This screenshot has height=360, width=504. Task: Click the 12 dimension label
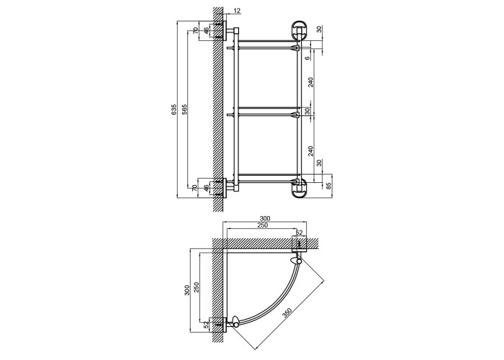coord(237,11)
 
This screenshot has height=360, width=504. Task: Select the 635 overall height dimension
coord(174,109)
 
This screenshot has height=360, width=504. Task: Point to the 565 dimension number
coord(184,109)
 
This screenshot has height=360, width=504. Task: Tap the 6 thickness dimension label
coord(307,58)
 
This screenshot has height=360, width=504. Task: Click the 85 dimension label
coord(328,186)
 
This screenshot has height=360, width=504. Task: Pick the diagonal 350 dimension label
coord(287,312)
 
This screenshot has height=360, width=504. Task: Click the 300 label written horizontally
coord(264,219)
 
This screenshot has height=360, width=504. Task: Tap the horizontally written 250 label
coord(262,225)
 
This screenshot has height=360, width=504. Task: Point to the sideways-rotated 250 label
coord(197,288)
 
